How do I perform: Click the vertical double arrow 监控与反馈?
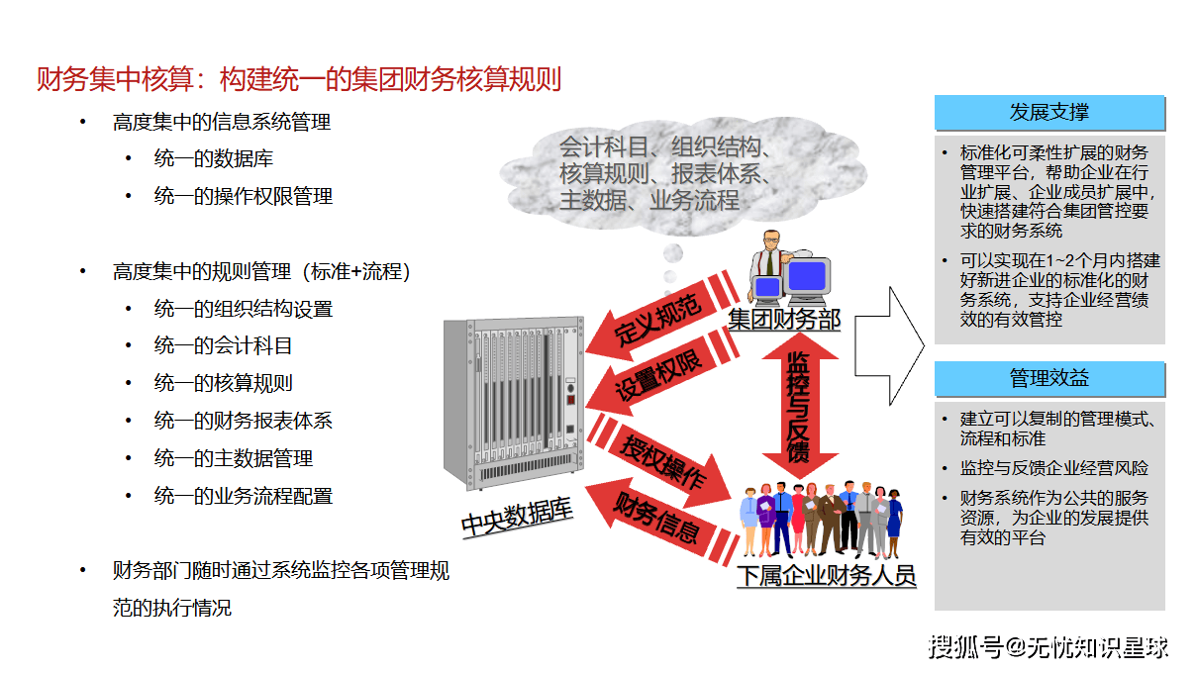click(x=800, y=406)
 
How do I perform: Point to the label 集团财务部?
click(x=784, y=320)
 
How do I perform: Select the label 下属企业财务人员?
click(x=826, y=575)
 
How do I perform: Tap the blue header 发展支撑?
click(x=1049, y=113)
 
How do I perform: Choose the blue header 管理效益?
click(x=1049, y=378)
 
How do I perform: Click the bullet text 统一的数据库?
click(x=214, y=159)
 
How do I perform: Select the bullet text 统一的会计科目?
click(x=223, y=346)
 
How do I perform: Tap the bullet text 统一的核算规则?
click(x=223, y=384)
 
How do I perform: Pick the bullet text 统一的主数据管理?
click(x=234, y=458)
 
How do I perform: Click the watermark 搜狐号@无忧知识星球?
click(x=1048, y=647)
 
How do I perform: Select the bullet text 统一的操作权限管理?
click(x=244, y=196)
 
